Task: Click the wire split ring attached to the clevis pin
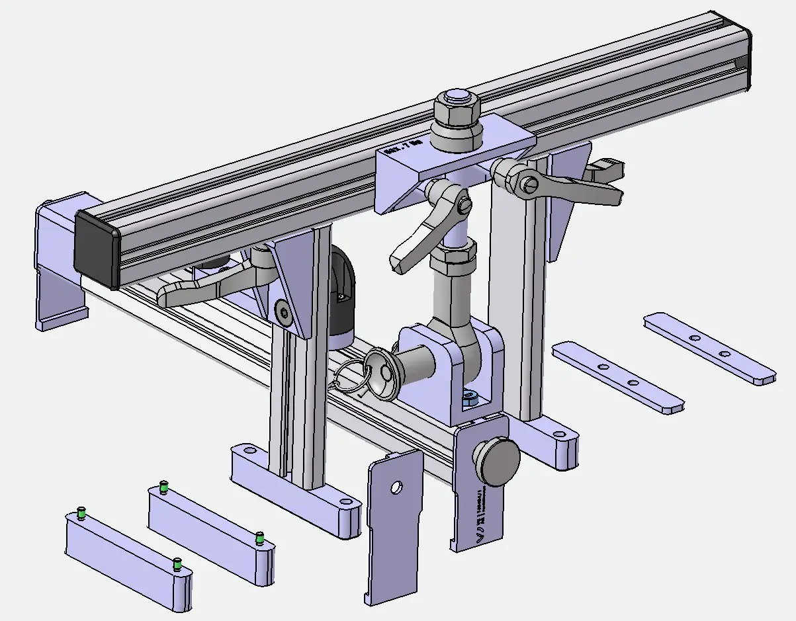point(352,380)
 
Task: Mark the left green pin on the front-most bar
point(82,513)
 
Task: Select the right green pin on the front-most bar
point(177,563)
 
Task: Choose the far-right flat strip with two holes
point(709,347)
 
